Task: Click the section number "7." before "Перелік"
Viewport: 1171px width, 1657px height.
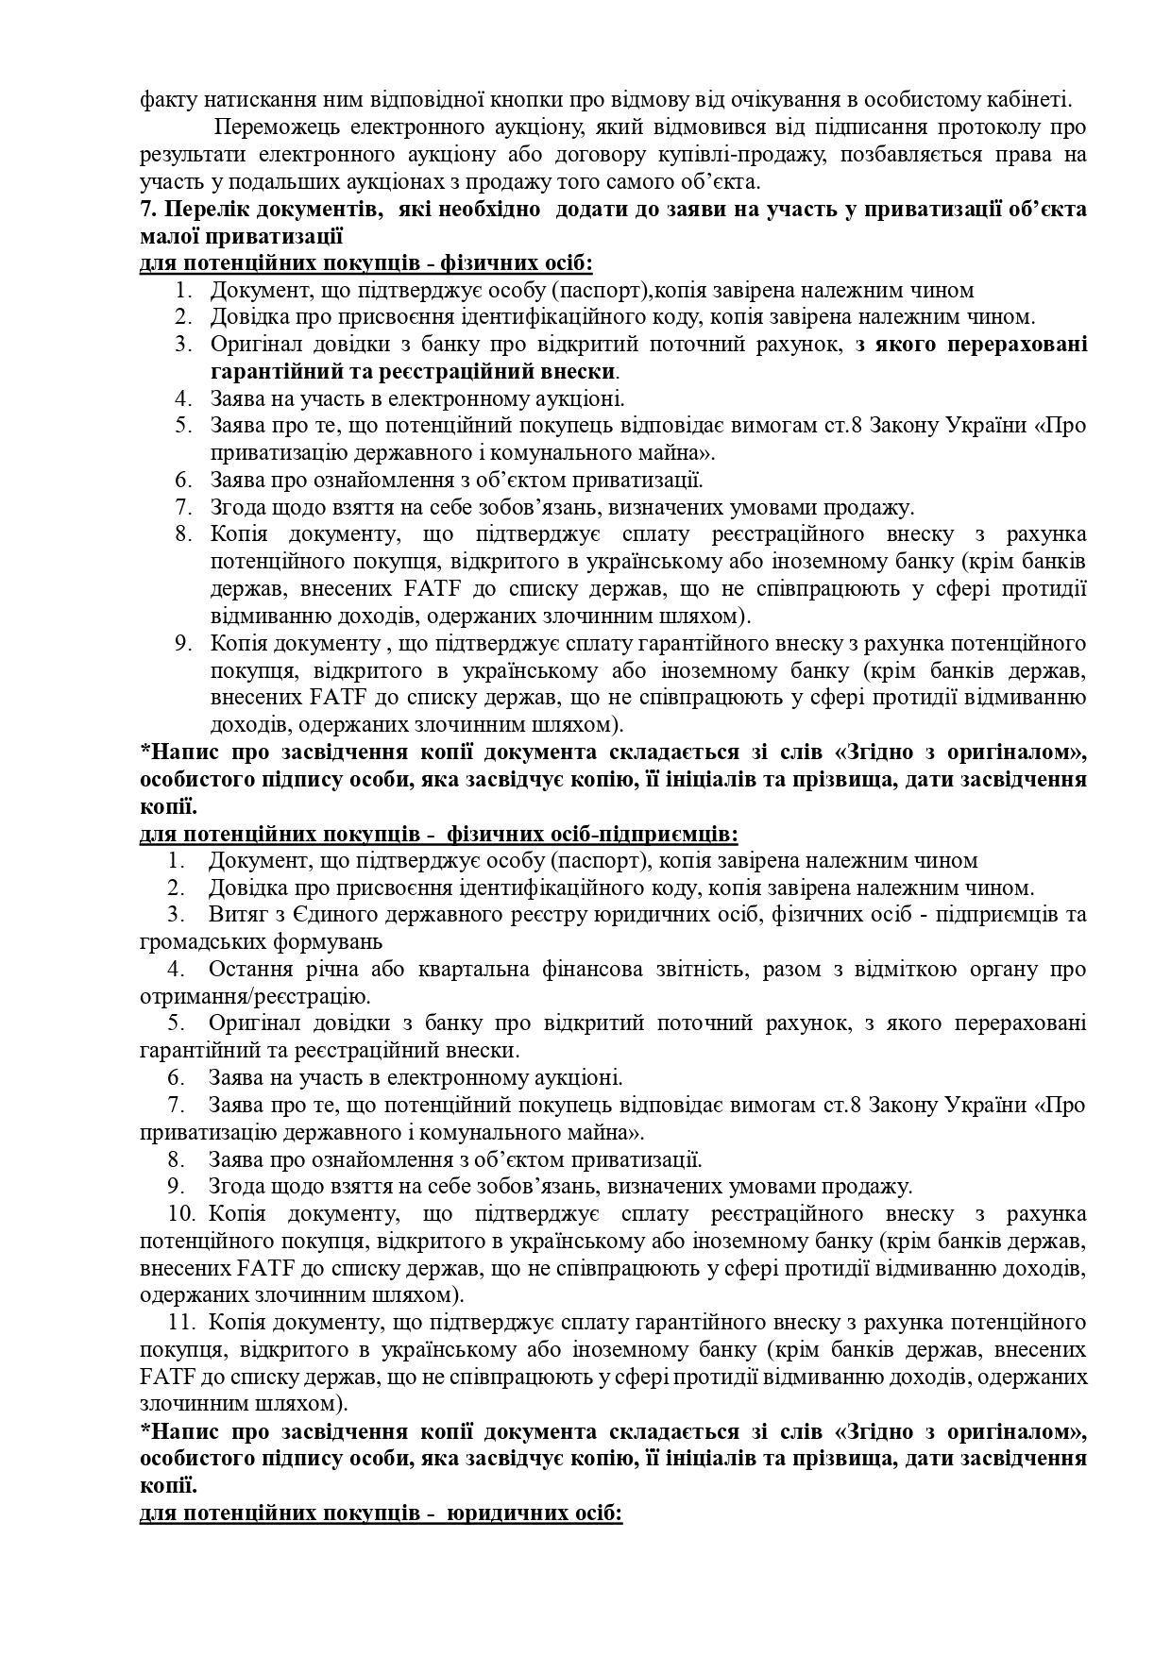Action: [147, 209]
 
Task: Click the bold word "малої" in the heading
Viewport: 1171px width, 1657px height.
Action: [167, 236]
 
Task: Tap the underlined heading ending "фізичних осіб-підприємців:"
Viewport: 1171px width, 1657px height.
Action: [439, 835]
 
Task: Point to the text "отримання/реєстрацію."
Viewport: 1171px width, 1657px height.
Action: [254, 997]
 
